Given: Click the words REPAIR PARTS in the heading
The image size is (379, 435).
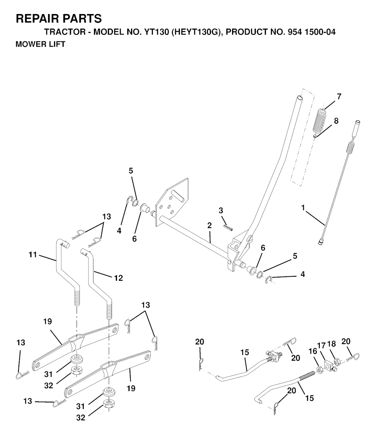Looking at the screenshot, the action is pos(58,18).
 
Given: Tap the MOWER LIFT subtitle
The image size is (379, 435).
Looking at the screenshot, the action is pos(40,44).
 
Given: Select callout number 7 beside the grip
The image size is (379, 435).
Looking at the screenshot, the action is pos(339,97).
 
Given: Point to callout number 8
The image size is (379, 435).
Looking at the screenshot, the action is pos(336,121).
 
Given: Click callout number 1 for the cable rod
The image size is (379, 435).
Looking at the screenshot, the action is pos(303,207).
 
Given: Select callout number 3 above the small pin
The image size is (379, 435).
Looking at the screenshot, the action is pos(221,210).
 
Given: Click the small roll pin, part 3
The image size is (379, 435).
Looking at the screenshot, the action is pos(228,227).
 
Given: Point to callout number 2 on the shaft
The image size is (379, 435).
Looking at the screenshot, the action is pos(209,225).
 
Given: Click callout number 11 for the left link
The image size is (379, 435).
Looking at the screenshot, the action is pos(33,254).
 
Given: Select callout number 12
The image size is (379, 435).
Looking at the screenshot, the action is pos(118,278).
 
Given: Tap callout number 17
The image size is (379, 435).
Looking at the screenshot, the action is pos(321,345).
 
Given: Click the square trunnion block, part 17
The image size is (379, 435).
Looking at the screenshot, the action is pos(329,364).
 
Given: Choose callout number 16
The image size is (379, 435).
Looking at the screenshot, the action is pos(313,351).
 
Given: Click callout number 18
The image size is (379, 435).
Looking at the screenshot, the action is pos(332,344).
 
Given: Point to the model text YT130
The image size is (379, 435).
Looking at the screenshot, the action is pos(157,32).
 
